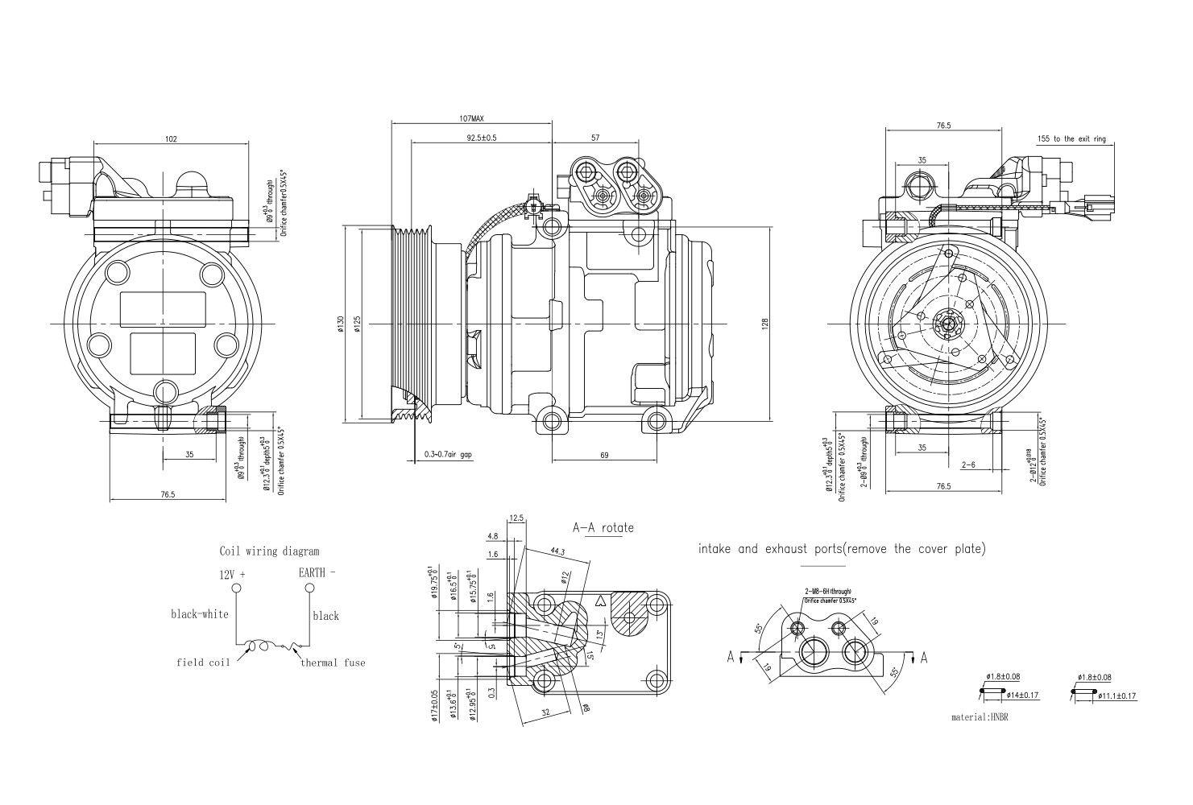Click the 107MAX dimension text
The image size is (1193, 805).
(x=471, y=118)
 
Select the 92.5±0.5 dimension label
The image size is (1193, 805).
(x=481, y=138)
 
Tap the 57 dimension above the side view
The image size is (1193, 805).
(x=595, y=138)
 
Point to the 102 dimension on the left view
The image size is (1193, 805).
(x=171, y=139)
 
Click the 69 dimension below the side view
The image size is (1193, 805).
(x=604, y=456)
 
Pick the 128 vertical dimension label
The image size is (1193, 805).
(x=765, y=323)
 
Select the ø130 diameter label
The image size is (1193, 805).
(x=341, y=322)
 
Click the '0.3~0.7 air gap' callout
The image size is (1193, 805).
(x=448, y=455)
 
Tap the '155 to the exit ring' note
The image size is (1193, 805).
(x=1071, y=139)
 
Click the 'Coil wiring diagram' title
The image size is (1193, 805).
(x=269, y=551)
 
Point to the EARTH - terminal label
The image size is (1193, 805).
(x=317, y=573)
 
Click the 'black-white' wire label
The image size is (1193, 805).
(x=199, y=614)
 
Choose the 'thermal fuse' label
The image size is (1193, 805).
(x=333, y=663)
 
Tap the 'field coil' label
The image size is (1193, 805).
(x=203, y=663)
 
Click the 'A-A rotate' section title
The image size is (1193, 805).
(x=603, y=528)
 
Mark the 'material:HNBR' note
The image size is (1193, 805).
(x=980, y=716)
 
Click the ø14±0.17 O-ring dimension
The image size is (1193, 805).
(x=1014, y=696)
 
